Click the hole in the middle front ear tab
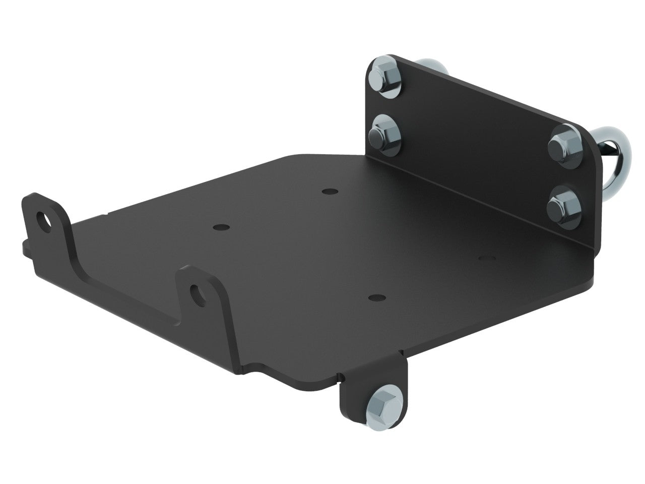point(195,292)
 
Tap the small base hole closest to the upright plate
point(329,192)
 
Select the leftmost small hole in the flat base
point(218,227)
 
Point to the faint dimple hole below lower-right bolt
point(486,258)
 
